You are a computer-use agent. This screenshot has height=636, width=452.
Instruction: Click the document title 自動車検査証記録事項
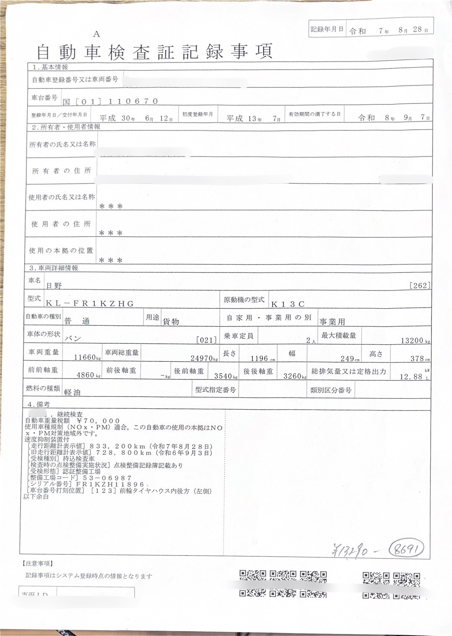click(x=155, y=52)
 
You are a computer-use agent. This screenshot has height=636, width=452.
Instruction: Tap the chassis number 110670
click(x=133, y=101)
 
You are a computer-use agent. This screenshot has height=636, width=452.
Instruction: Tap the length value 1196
click(x=259, y=358)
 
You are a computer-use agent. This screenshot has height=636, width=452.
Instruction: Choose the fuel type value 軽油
click(x=72, y=392)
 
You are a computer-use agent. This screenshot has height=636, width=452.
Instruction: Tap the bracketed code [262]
click(x=420, y=286)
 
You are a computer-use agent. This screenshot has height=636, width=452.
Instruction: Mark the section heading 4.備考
click(x=39, y=404)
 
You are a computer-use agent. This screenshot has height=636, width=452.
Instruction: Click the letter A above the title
click(x=97, y=34)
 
